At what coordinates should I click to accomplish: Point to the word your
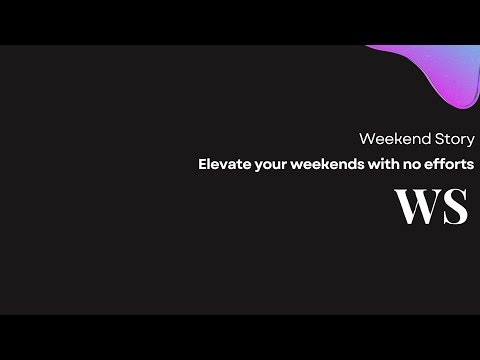click(269, 162)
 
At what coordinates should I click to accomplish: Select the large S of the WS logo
click(455, 207)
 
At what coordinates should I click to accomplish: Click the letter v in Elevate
click(224, 162)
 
